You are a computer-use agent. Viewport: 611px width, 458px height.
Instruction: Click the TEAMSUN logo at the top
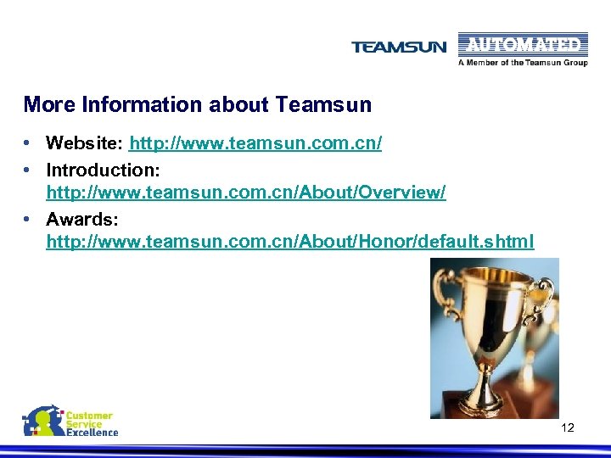pos(398,47)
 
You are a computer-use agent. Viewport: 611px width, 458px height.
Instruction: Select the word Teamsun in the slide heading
pos(323,105)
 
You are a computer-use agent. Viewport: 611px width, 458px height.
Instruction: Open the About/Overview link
pos(246,193)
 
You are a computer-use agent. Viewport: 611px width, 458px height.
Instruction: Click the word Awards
pos(81,220)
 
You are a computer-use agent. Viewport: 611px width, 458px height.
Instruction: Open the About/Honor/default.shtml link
pos(290,242)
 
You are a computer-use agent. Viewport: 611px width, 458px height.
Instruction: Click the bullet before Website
pos(28,143)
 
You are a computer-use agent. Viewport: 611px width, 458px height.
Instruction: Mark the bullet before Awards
pos(28,220)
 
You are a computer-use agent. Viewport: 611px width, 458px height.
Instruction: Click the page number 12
pos(568,427)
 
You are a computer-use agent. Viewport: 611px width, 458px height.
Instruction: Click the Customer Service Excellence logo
pos(70,422)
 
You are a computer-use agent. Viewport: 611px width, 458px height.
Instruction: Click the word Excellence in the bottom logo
pos(92,433)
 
